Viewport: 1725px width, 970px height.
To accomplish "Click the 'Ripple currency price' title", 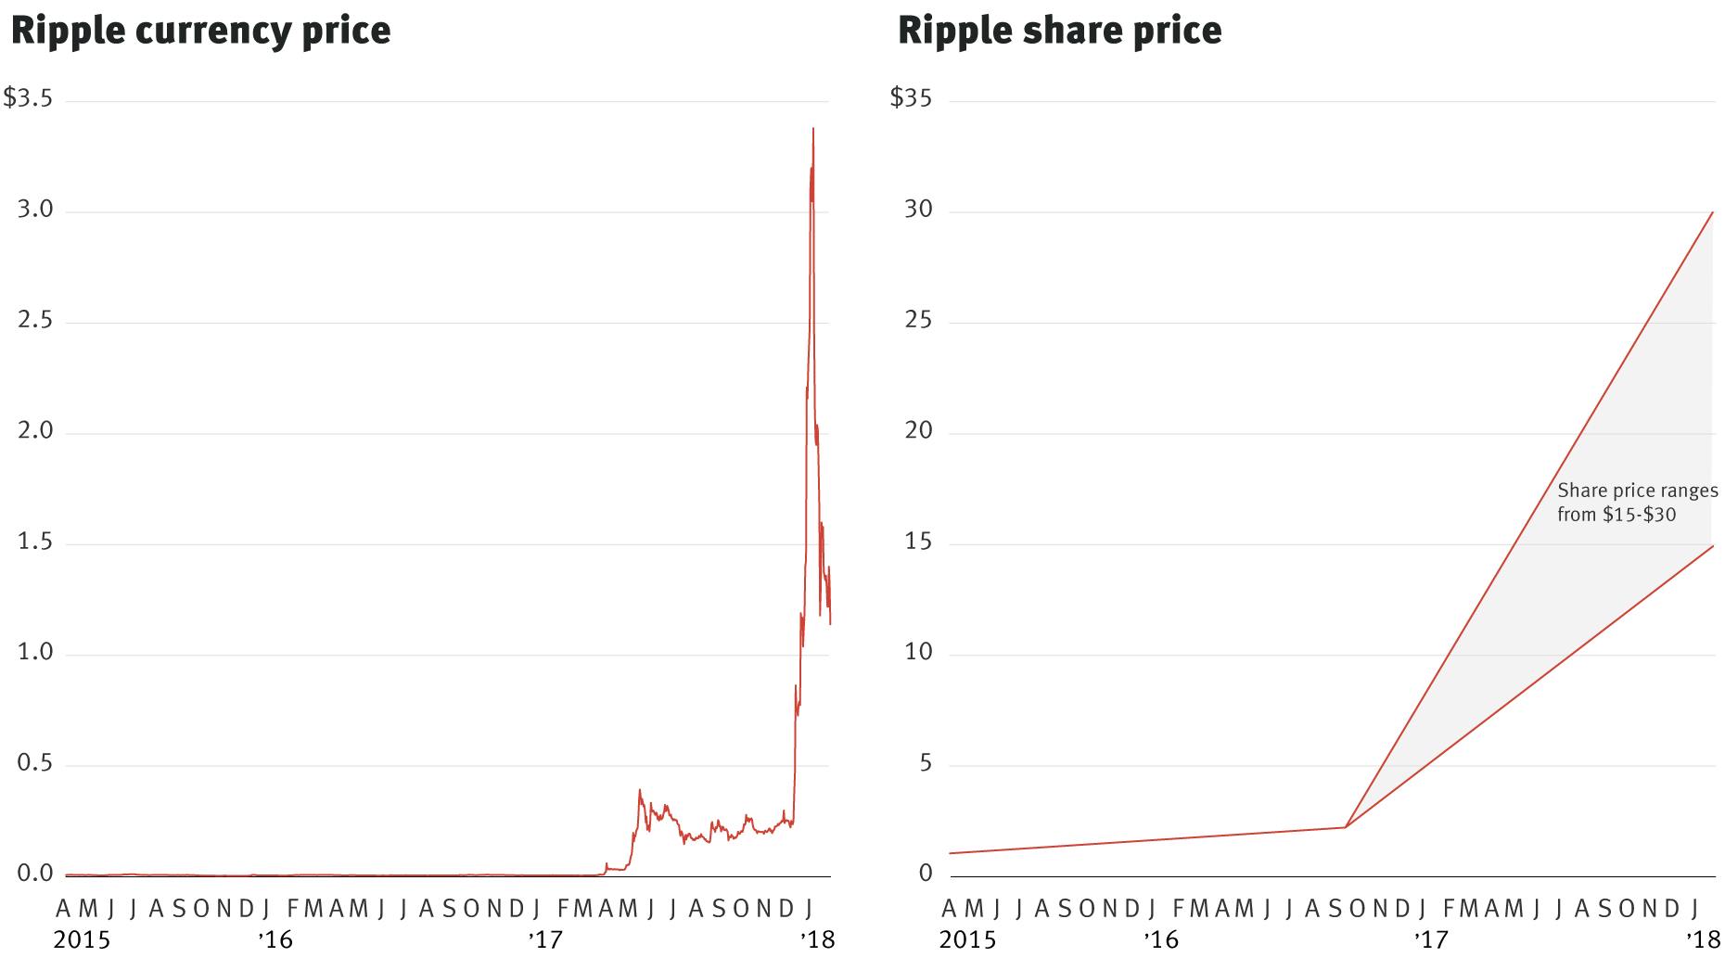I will coord(200,30).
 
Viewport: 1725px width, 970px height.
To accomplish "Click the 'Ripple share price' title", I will coord(1059,30).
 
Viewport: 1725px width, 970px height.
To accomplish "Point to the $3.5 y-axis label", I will coord(28,98).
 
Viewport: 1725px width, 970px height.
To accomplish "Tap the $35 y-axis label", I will coord(911,98).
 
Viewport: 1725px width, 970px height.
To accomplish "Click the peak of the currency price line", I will coord(813,130).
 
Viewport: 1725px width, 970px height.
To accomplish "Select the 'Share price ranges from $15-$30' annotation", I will coord(1637,502).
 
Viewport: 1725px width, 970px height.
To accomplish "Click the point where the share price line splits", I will coord(1345,827).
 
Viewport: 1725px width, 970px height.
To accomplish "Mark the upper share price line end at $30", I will coord(1712,212).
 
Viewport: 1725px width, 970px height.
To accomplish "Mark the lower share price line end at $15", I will coord(1712,546).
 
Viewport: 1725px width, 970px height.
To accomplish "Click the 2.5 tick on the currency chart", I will coord(35,321).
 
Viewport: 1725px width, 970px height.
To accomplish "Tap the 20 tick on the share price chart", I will coord(918,431).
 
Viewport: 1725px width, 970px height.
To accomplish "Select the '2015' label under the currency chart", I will coord(82,940).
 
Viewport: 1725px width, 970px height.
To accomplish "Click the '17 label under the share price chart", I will coord(1431,940).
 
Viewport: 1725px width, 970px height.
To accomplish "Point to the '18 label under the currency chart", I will coord(818,940).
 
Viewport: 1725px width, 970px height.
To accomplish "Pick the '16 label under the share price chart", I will coord(1160,940).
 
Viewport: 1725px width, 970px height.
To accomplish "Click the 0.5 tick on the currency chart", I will coord(35,764).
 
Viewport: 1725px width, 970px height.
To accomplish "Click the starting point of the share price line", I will coord(951,853).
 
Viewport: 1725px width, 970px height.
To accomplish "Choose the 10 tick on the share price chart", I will coord(918,653).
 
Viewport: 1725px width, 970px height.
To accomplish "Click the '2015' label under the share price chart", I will coord(967,940).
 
